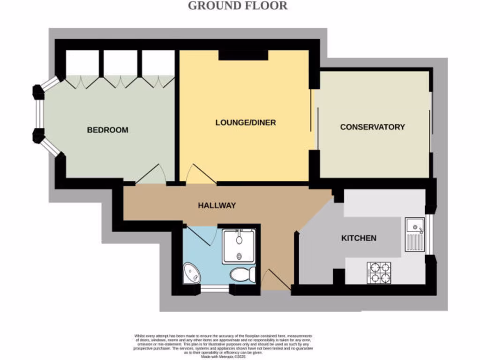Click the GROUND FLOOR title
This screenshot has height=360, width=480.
pos(238,6)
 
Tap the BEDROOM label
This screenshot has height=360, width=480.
pos(107,130)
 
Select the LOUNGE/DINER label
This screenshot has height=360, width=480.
pos(246,123)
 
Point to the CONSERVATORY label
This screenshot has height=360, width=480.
pos(372,127)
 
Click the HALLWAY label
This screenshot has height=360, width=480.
pos(216,205)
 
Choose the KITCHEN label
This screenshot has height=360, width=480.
pos(358,238)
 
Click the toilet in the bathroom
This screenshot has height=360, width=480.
pos(243,274)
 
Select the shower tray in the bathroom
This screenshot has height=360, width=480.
pos(239,246)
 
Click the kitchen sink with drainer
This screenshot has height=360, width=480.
pos(414,234)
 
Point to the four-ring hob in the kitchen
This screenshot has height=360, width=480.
pos(379,272)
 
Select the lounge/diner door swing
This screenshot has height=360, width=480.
pos(200,175)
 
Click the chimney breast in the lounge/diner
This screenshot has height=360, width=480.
pos(243,55)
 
